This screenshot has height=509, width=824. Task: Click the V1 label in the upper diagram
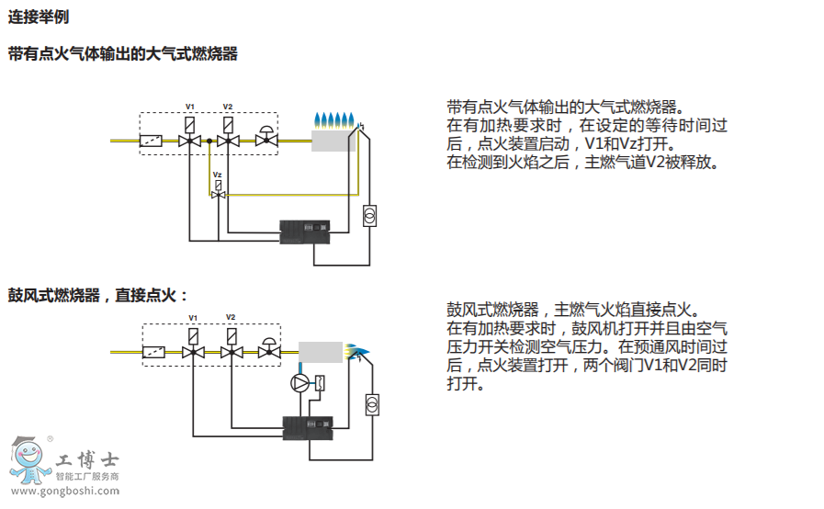pyautogui.click(x=189, y=107)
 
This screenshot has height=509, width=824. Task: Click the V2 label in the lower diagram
pyautogui.click(x=231, y=317)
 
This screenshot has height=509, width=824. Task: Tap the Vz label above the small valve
pyautogui.click(x=218, y=174)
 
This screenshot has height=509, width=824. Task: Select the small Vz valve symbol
pyautogui.click(x=219, y=194)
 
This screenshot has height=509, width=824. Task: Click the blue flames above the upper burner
pyautogui.click(x=334, y=119)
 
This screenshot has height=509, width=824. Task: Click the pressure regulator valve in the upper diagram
pyautogui.click(x=267, y=137)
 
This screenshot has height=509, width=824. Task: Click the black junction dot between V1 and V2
pyautogui.click(x=209, y=141)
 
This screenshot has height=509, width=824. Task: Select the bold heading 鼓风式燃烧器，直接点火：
pyautogui.click(x=98, y=295)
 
